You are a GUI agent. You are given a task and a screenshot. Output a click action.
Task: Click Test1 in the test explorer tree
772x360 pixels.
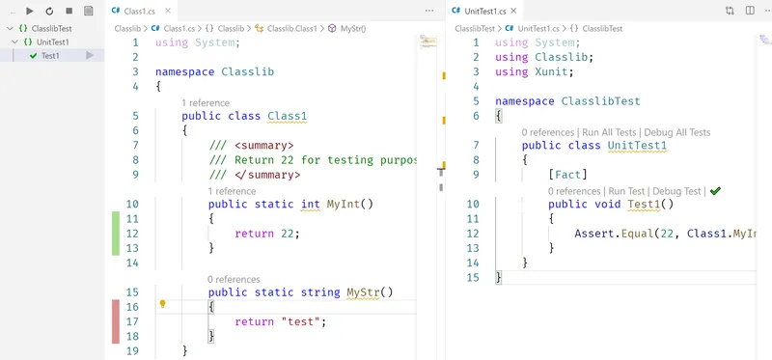point(50,56)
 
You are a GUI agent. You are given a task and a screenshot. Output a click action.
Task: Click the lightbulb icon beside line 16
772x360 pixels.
point(163,304)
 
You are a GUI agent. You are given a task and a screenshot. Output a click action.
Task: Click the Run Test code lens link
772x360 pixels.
point(627,191)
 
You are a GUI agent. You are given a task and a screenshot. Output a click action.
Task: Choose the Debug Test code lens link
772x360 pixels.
point(677,191)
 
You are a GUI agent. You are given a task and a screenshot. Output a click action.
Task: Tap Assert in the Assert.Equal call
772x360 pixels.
point(596,234)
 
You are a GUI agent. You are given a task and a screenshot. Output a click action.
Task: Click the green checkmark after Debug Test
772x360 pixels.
point(715,191)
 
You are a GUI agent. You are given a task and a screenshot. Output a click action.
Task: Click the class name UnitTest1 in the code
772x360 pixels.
point(637,146)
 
